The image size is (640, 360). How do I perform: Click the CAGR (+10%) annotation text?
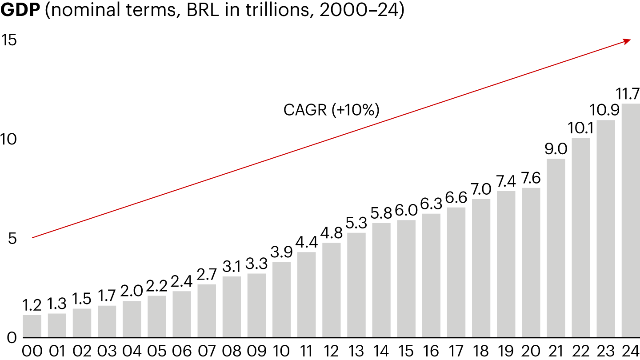point(331,110)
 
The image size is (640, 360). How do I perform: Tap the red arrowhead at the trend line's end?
point(627,41)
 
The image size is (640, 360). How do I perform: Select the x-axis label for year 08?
point(232,351)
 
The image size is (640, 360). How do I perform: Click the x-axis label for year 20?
point(531,351)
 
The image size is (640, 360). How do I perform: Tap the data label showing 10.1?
point(580,128)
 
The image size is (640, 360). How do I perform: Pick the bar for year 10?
point(281,300)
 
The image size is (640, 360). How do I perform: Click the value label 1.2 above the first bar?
point(32,305)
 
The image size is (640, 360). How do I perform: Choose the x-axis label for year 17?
point(456,351)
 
